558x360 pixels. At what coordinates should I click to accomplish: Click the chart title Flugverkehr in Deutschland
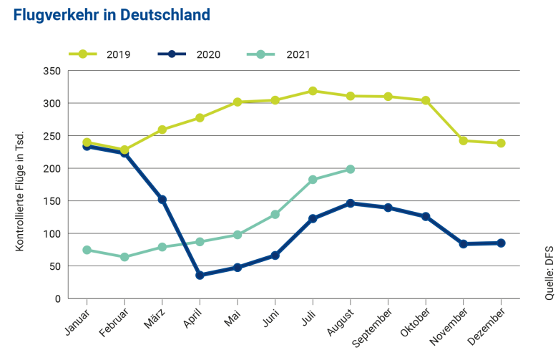111,15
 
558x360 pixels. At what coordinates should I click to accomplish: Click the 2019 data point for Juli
313,91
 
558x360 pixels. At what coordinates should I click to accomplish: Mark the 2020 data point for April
200,275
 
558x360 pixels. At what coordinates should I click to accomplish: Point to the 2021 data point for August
351,169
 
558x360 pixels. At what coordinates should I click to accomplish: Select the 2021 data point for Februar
124,257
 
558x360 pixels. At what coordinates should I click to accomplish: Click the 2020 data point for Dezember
501,243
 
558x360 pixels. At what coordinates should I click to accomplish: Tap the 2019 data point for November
464,141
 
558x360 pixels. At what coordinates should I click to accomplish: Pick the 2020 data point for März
162,200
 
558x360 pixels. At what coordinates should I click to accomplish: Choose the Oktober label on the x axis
414,319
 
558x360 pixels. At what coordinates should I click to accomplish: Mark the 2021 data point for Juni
275,215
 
